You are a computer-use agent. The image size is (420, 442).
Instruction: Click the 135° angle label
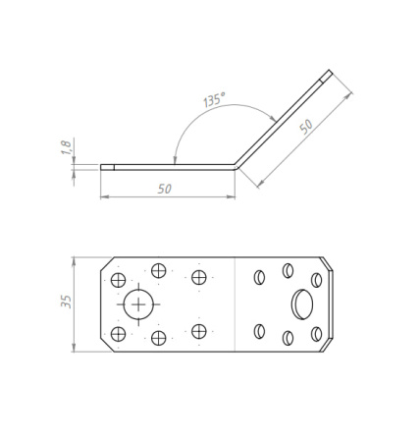click(x=214, y=99)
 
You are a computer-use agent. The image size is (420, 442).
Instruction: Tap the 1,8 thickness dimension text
click(x=66, y=147)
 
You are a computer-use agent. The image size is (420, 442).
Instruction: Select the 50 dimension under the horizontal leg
click(x=165, y=189)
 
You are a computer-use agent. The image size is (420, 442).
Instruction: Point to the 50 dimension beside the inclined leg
click(x=306, y=127)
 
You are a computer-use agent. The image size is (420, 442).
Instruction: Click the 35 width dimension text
click(x=66, y=302)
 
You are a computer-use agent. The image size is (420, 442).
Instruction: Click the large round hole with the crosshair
click(x=138, y=304)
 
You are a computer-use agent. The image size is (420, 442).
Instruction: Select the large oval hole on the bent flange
click(x=302, y=304)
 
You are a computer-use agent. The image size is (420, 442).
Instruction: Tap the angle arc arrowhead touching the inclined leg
click(x=272, y=118)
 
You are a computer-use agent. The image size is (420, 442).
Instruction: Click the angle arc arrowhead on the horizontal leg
click(x=175, y=160)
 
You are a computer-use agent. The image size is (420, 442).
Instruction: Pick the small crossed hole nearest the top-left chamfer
click(x=118, y=280)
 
